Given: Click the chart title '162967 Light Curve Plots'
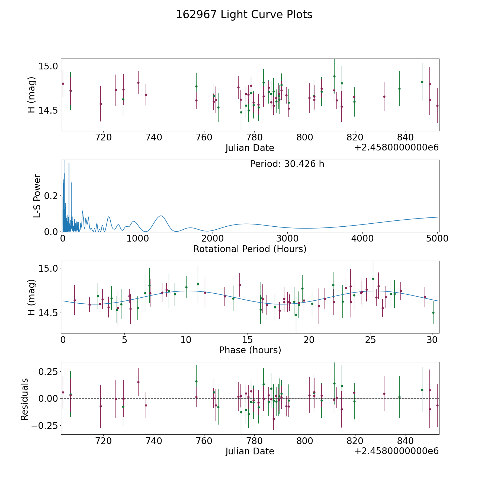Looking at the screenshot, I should tap(244, 15).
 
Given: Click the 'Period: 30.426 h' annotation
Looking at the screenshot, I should tap(287, 164).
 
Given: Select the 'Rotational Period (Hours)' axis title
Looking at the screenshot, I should tap(250, 249).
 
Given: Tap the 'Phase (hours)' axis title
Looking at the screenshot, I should tap(250, 350).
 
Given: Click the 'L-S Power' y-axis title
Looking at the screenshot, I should tap(37, 196).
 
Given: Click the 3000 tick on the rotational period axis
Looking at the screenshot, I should tap(287, 239).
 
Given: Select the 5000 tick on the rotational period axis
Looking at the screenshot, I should tap(437, 239).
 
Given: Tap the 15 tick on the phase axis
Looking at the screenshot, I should tap(247, 340).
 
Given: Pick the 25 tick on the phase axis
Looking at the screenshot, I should tap(370, 340).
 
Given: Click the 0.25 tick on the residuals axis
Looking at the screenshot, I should tap(48, 371).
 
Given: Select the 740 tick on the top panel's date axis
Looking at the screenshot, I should tap(154, 137).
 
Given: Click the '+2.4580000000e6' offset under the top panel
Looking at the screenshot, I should tap(396, 147).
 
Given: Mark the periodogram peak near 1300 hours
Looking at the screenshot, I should tap(161, 216).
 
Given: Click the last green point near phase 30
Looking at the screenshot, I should tap(433, 313).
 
